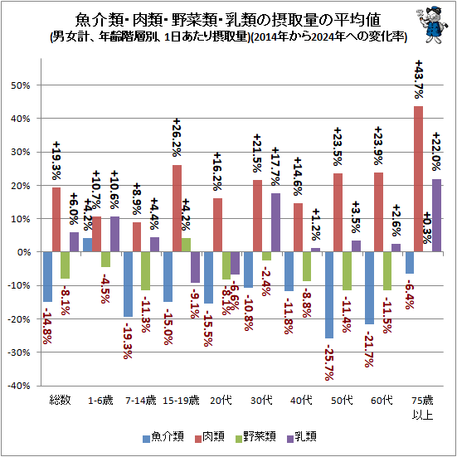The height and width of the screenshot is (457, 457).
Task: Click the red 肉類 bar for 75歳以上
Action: [x=418, y=179]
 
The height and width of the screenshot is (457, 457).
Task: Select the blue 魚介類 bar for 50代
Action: [x=329, y=295]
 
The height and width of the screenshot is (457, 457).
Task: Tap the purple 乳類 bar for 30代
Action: [x=275, y=222]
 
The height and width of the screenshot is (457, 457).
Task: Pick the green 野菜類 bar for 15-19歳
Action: [x=186, y=245]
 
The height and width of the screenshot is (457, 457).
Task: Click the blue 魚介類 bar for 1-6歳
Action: [x=87, y=245]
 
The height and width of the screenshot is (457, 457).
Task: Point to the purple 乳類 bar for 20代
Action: [x=236, y=263]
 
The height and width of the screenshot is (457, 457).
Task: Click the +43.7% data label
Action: [x=419, y=80]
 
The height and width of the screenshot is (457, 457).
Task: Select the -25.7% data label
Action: [x=329, y=362]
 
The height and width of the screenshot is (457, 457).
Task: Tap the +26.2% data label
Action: [x=177, y=138]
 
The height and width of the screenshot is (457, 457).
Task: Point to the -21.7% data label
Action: [x=369, y=349]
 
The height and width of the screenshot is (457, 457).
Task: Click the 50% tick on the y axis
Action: [x=21, y=85]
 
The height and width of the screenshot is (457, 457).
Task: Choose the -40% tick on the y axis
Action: [x=18, y=386]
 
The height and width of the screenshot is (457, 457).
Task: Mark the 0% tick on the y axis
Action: [x=23, y=252]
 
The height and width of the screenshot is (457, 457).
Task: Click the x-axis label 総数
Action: [x=60, y=400]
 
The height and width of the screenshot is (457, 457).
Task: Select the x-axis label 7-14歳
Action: [x=141, y=400]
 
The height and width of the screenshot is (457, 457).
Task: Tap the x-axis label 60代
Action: [x=382, y=400]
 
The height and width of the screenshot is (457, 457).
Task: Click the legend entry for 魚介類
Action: [x=163, y=436]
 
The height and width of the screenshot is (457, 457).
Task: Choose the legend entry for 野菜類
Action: [x=255, y=436]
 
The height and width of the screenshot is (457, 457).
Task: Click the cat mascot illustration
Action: [x=431, y=25]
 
